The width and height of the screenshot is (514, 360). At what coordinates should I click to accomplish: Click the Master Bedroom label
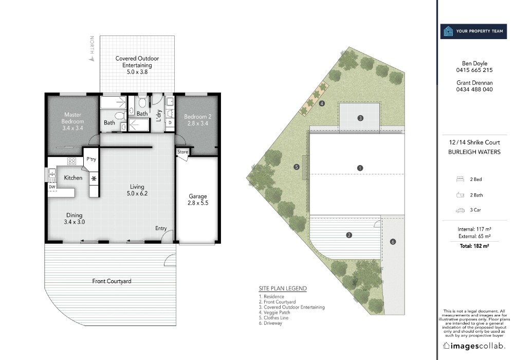point(72,121)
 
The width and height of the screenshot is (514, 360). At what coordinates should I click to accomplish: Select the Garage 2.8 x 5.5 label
point(198,200)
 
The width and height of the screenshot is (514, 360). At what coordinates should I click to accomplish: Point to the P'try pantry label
point(91,159)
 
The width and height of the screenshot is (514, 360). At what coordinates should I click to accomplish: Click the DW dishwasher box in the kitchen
point(52,187)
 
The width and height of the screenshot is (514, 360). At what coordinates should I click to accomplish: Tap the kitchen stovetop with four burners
point(72,161)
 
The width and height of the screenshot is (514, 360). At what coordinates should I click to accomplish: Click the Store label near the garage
point(183,152)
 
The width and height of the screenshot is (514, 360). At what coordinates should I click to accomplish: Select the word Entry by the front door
point(161,228)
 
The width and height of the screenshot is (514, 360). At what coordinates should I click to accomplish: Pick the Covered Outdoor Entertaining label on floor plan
point(137,65)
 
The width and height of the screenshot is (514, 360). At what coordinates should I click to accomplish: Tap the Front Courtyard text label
point(112,281)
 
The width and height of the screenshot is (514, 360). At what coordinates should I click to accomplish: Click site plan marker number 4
point(322,103)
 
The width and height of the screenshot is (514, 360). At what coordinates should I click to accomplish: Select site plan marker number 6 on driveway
point(393,242)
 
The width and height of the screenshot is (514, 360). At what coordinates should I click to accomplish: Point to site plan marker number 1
point(360,168)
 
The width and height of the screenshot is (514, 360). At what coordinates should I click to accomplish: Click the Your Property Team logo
point(473,31)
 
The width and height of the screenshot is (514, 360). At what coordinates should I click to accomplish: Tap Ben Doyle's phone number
point(474,70)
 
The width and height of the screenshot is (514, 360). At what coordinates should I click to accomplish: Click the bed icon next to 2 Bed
point(460,179)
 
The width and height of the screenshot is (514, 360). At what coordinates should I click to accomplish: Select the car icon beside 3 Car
point(460,210)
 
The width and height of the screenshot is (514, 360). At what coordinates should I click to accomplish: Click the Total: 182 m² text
point(474,246)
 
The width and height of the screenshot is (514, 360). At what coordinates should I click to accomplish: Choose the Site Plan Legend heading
point(283,289)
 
